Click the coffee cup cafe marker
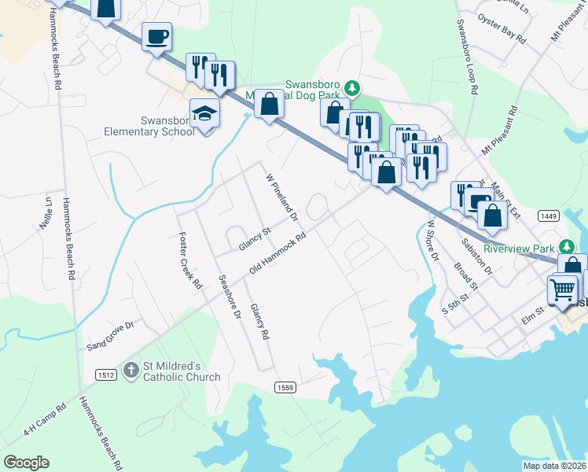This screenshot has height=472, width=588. coord(156,35)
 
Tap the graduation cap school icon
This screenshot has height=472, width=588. coord(204,114)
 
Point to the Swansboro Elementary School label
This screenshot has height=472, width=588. coord(149,126)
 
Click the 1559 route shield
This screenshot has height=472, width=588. coord(285,387)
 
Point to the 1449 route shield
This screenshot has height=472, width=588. coord(549,216)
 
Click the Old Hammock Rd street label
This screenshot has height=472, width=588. coord(276,253)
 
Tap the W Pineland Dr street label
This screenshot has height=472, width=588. coord(282,197)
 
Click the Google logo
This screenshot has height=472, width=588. coord(26,463)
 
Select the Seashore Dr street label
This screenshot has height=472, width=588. coord(229,296)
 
